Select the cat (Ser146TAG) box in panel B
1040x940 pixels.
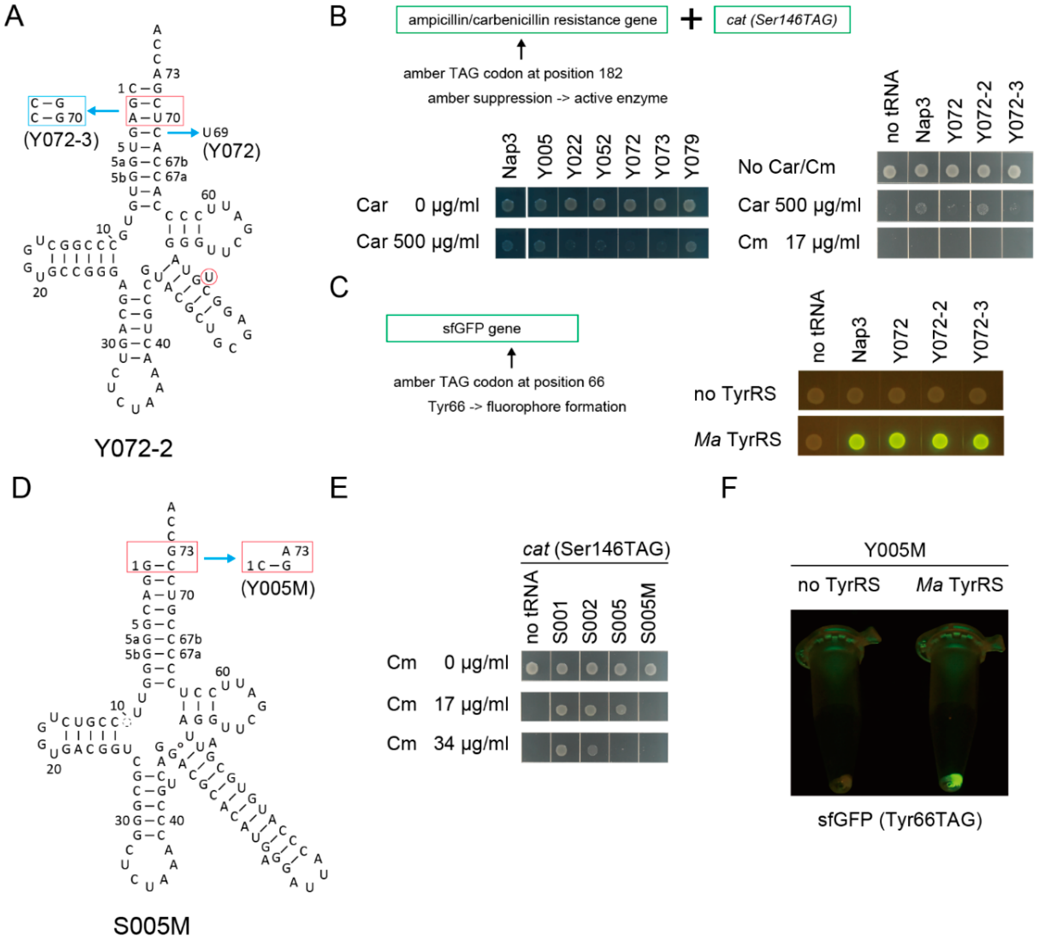click(781, 20)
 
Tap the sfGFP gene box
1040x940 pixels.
click(482, 328)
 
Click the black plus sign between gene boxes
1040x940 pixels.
click(691, 20)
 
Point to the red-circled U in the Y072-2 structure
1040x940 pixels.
click(209, 277)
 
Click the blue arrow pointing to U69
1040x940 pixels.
click(183, 133)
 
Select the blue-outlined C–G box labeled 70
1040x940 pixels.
click(57, 111)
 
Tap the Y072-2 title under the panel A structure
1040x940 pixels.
click(133, 448)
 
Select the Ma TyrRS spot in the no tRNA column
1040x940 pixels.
click(814, 442)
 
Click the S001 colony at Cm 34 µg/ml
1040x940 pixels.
click(561, 749)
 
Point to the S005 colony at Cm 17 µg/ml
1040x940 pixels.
click(620, 709)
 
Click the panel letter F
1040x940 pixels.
click(729, 487)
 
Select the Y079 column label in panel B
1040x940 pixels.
click(691, 156)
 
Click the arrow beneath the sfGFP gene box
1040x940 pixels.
click(511, 357)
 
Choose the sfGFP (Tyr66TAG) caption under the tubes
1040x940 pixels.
click(900, 819)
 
